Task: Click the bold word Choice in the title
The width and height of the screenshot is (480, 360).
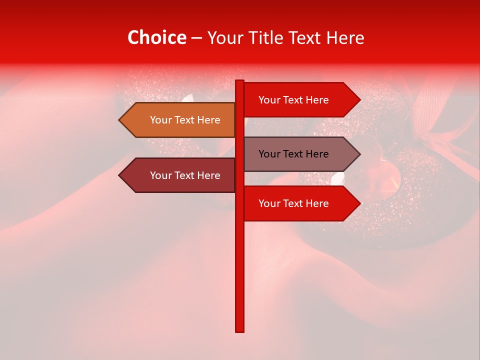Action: click(156, 38)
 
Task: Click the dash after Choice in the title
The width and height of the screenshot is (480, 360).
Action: click(196, 38)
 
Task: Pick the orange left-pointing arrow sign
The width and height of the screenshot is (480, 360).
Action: click(177, 120)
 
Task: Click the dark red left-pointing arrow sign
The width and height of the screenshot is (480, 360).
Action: click(177, 175)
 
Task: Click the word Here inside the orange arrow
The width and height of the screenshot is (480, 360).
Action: click(208, 120)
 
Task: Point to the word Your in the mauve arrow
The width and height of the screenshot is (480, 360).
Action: click(269, 154)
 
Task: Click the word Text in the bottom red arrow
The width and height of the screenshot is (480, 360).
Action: click(293, 203)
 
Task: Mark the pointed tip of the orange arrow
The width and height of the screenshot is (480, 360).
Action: click(120, 120)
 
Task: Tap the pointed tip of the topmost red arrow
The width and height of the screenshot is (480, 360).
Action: click(359, 100)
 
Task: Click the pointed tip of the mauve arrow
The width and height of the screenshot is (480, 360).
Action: click(359, 154)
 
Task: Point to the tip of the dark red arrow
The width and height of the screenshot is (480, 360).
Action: click(120, 175)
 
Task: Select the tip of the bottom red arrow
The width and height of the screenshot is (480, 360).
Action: click(359, 203)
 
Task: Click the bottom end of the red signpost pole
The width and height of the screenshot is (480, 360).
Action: click(240, 330)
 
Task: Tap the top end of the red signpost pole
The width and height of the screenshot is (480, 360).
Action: click(240, 81)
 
